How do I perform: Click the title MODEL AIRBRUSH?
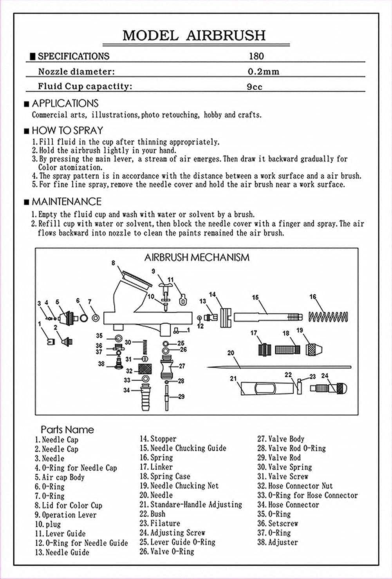pyautogui.click(x=194, y=35)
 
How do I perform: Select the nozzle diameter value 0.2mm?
pyautogui.click(x=264, y=72)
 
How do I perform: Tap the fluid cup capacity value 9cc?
pyautogui.click(x=255, y=87)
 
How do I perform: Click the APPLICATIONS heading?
pyautogui.click(x=65, y=104)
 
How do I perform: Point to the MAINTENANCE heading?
pyautogui.click(x=66, y=202)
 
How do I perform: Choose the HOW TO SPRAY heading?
pyautogui.click(x=67, y=130)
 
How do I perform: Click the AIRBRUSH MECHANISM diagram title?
pyautogui.click(x=197, y=257)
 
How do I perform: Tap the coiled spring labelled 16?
pyautogui.click(x=328, y=316)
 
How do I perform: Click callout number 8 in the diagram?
pyautogui.click(x=113, y=263)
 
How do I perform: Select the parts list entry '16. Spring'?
pyautogui.click(x=156, y=458)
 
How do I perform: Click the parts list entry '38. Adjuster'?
pyautogui.click(x=277, y=543)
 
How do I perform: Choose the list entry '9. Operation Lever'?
pyautogui.click(x=65, y=515)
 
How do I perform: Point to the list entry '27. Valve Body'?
pyautogui.click(x=280, y=439)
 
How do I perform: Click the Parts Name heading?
pyautogui.click(x=67, y=430)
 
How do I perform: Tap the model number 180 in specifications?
pyautogui.click(x=257, y=56)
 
